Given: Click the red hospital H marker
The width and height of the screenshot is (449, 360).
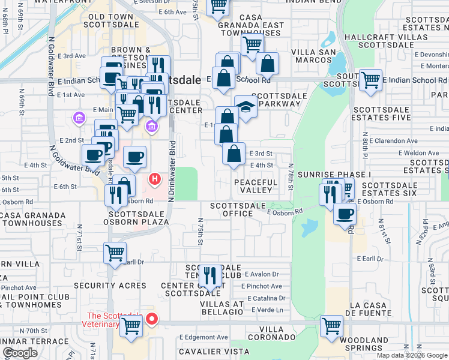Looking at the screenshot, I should (x=155, y=179).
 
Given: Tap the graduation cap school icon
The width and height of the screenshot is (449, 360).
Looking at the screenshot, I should (x=246, y=107).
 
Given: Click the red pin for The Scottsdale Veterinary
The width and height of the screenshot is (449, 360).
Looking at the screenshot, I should (x=152, y=319).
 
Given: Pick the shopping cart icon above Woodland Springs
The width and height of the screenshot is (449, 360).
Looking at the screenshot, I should (x=331, y=326).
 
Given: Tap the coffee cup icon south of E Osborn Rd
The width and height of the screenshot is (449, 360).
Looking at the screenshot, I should (x=344, y=214).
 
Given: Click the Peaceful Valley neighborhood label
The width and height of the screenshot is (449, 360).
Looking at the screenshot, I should (x=256, y=186).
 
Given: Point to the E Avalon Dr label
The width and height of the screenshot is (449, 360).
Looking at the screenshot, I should (x=264, y=274).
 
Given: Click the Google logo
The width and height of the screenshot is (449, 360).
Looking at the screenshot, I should (x=20, y=353).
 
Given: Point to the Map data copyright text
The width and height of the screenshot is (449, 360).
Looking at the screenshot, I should (x=412, y=355).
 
